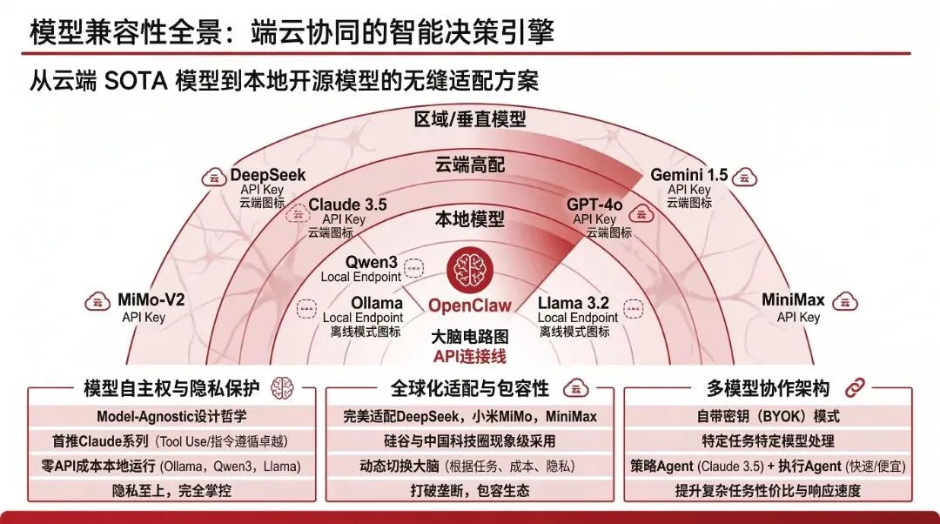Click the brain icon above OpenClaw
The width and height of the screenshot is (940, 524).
click(469, 270)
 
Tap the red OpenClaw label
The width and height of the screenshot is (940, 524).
click(469, 306)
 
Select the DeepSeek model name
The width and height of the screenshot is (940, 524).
click(268, 175)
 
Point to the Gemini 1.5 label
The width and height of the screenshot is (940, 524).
click(688, 175)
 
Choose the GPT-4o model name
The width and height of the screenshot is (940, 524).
click(594, 205)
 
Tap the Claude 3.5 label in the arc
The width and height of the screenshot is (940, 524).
click(347, 205)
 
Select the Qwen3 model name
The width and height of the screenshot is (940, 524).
click(372, 261)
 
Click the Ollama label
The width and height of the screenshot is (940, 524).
click(376, 303)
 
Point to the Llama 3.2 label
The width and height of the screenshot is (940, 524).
click(573, 303)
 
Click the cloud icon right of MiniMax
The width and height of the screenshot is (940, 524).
click(842, 302)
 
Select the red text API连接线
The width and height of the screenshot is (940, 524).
click(469, 356)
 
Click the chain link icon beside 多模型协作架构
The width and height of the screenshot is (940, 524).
click(854, 387)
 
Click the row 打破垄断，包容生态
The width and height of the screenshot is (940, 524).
click(469, 490)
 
